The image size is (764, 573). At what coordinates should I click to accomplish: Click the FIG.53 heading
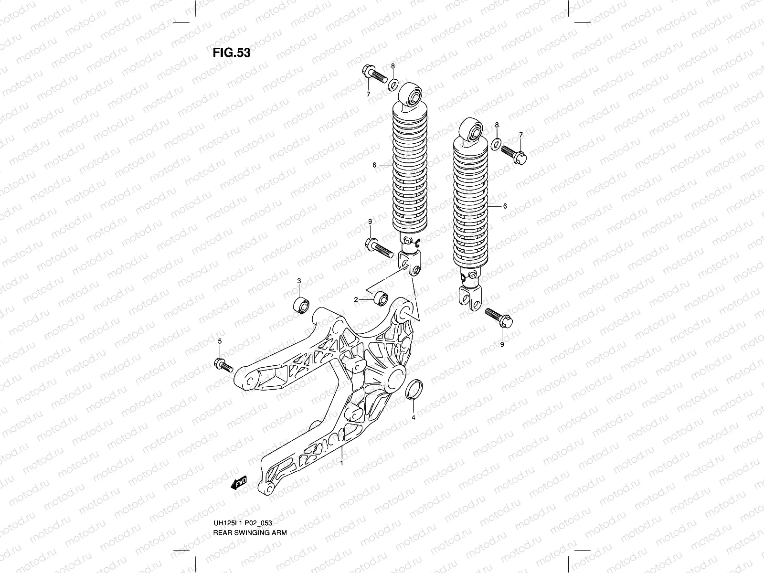(x=231, y=53)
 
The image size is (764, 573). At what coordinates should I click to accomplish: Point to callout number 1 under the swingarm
(x=341, y=463)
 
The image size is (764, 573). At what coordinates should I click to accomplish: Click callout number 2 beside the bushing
(x=356, y=299)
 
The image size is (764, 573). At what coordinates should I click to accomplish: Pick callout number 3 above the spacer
(x=299, y=280)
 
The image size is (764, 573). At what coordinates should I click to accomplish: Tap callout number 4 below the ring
(x=414, y=417)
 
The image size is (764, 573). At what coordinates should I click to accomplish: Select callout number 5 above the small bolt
(x=220, y=341)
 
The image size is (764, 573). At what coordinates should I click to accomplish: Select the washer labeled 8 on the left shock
(x=393, y=85)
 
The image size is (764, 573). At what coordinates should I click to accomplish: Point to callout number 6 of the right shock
(x=505, y=207)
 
